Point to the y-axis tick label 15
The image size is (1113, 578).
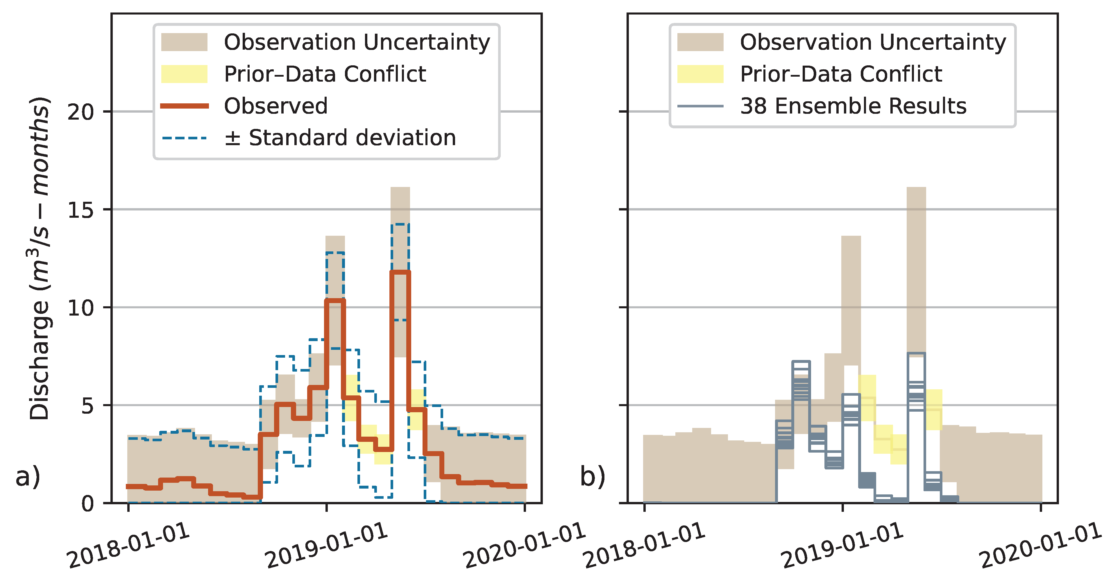81,210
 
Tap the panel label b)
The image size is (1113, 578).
592,476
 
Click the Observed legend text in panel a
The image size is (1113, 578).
276,106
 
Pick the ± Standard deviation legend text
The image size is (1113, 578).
340,138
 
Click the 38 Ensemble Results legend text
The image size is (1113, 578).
853,106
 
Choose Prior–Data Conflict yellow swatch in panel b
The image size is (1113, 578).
700,74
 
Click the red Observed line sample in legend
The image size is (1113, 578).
185,106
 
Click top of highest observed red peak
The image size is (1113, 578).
400,272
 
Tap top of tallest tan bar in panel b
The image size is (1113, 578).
916,188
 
